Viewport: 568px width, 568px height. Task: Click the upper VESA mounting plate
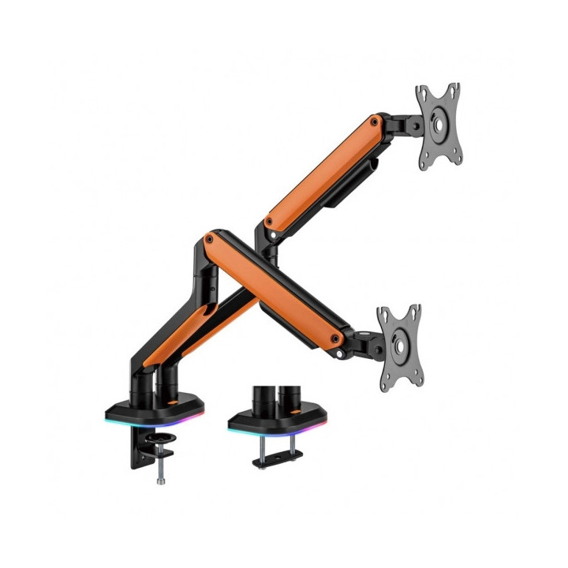point(439,126)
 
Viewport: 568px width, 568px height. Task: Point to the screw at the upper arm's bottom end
point(270,222)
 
